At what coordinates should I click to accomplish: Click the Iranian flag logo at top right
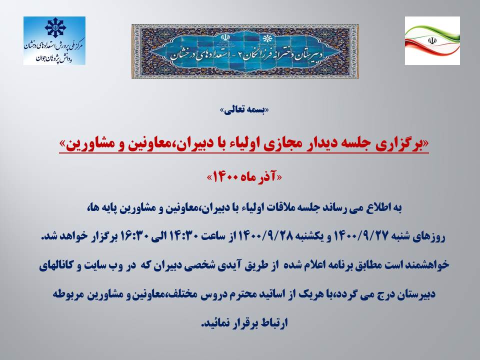point(432,40)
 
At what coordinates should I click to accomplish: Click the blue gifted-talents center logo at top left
point(54,40)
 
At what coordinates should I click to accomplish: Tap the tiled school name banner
point(245,51)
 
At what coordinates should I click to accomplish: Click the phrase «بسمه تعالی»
point(244,110)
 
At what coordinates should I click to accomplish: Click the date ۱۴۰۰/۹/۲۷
point(360,236)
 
